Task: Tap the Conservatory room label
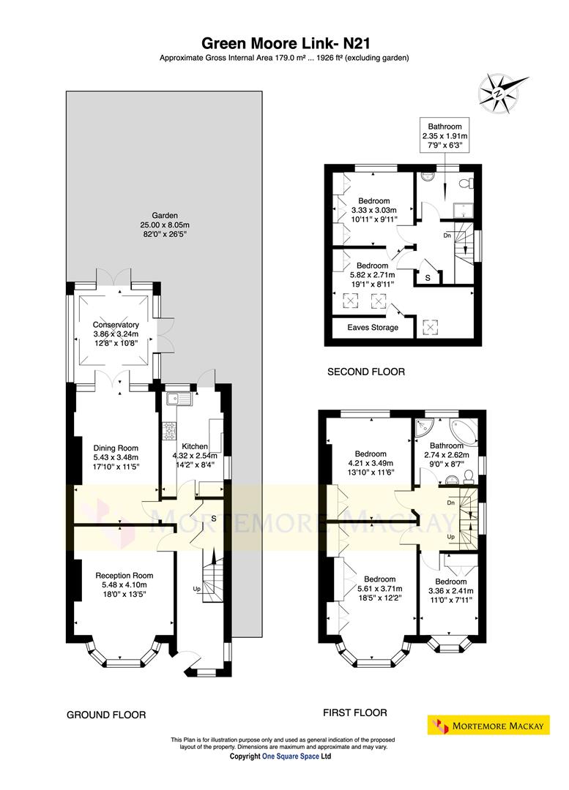[116, 325]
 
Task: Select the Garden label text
[164, 216]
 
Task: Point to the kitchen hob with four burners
[170, 431]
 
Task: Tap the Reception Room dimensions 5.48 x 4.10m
[124, 584]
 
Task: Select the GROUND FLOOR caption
[106, 715]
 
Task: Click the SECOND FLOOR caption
[365, 372]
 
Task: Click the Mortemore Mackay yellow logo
[488, 726]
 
